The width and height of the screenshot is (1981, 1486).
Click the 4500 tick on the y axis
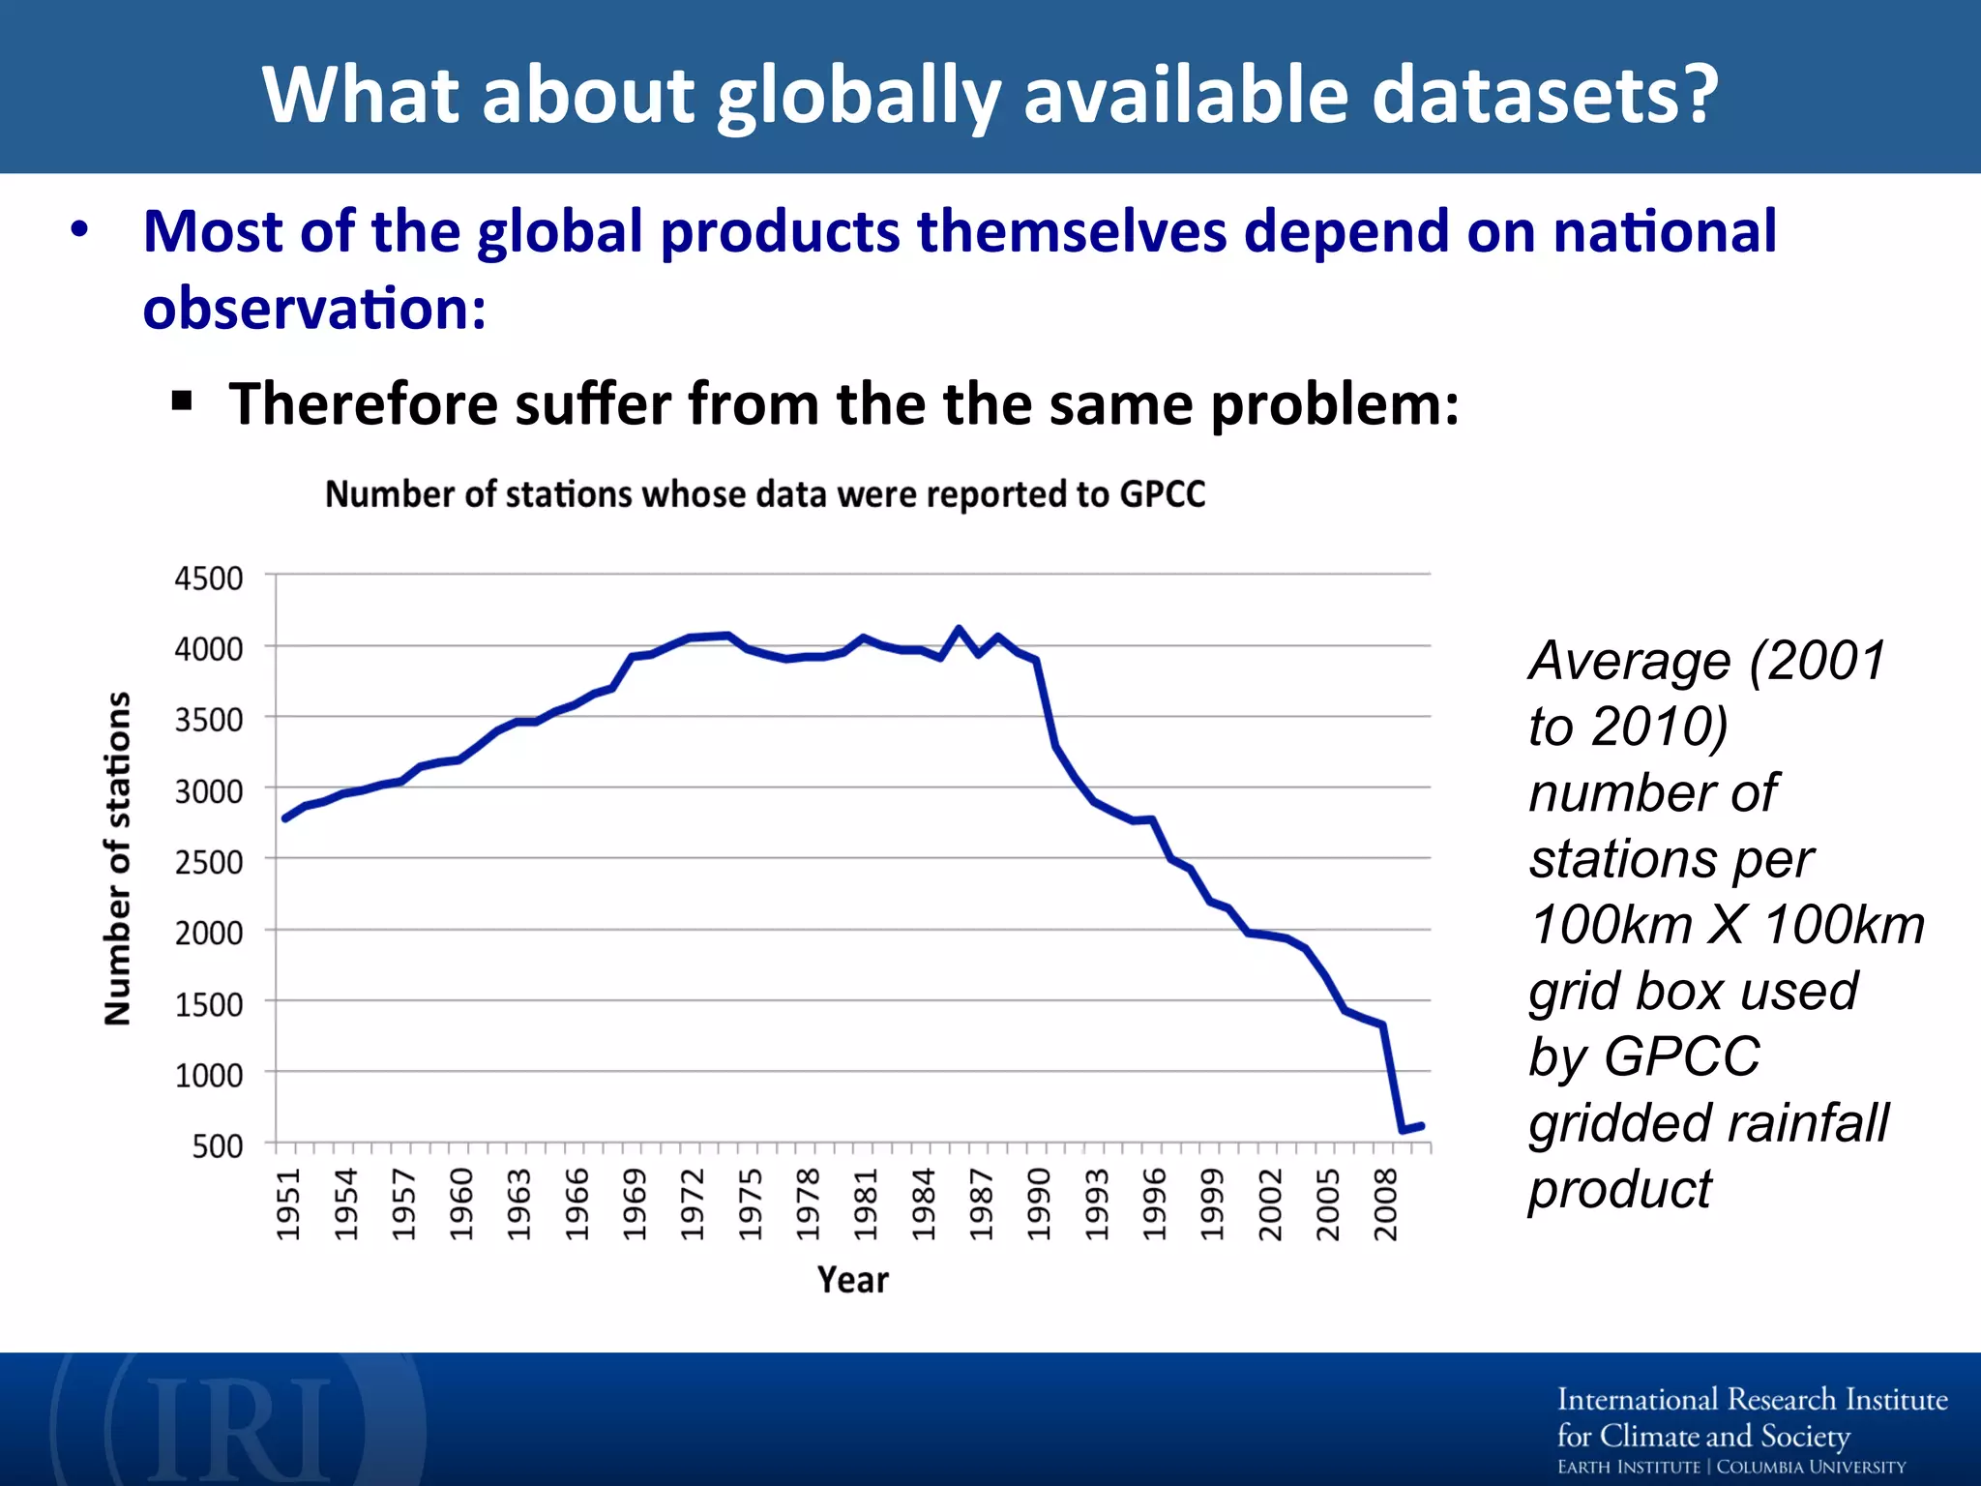pos(208,579)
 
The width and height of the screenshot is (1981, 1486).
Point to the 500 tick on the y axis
pos(218,1146)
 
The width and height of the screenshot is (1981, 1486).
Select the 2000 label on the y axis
pos(208,934)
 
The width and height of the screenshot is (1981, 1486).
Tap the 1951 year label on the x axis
pos(288,1204)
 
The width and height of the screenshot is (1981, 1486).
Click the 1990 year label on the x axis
pos(1039,1204)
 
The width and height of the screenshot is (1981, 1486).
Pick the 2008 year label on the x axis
pos(1385,1204)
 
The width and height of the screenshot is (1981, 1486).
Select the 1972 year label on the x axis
pos(692,1204)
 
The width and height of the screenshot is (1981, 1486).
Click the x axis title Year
pos(852,1280)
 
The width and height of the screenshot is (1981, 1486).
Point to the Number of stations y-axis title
pos(117,859)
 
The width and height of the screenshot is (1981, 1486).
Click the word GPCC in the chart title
pos(1162,494)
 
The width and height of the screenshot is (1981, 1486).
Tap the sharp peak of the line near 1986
pos(959,629)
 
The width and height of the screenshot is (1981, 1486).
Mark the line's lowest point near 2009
pos(1403,1130)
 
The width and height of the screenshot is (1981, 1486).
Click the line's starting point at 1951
pos(284,818)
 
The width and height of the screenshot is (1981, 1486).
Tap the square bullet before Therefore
pos(181,401)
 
